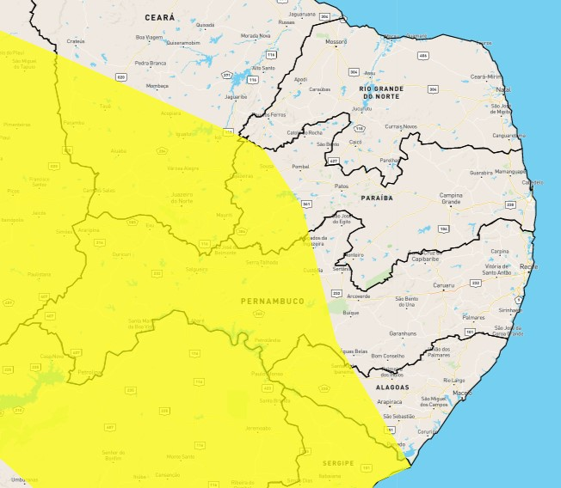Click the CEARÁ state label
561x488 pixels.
(x=160, y=17)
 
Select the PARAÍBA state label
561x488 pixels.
(x=377, y=198)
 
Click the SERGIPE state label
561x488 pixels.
(x=337, y=462)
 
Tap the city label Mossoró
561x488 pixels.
(x=336, y=41)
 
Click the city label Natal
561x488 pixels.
(x=503, y=88)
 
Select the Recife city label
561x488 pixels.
(x=527, y=267)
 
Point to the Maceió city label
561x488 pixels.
(x=462, y=393)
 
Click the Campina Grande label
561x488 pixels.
(x=451, y=199)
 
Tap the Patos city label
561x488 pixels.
(x=342, y=186)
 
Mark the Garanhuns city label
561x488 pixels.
(x=402, y=332)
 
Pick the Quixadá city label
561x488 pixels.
(x=205, y=25)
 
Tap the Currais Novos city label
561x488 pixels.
(x=400, y=126)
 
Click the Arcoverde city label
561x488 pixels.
(x=358, y=296)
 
